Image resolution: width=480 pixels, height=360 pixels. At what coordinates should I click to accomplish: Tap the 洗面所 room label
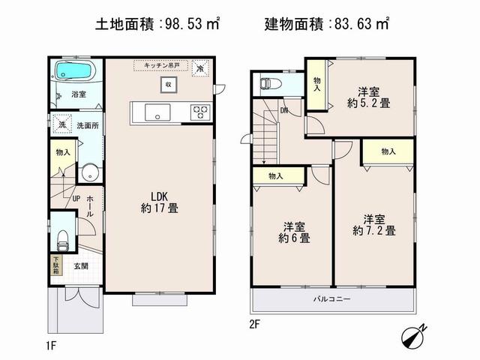(x=88, y=124)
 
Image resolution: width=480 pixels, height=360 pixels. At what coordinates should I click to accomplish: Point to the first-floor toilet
(x=63, y=240)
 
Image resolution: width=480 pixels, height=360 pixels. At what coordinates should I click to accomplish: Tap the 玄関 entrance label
(x=81, y=266)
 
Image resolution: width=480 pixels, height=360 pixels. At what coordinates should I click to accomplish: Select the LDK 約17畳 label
(x=159, y=203)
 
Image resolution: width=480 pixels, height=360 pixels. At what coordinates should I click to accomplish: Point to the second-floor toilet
(x=268, y=84)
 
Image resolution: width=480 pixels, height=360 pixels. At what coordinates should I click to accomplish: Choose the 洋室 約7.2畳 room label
(x=375, y=225)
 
